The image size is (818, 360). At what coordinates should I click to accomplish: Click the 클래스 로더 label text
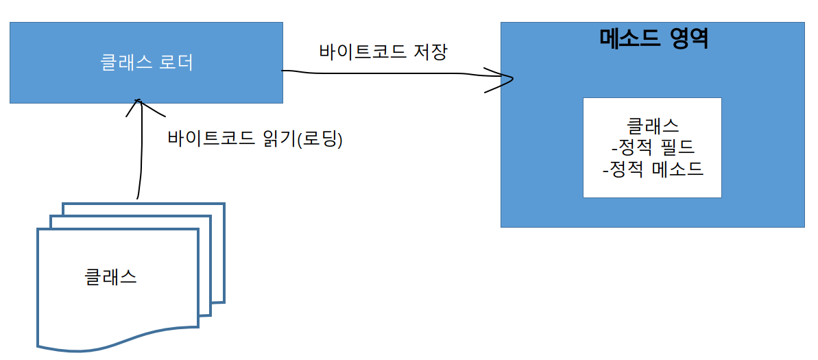click(x=146, y=63)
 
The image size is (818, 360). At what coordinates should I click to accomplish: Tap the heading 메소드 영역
click(x=653, y=38)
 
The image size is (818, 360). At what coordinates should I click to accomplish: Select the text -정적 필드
click(x=652, y=147)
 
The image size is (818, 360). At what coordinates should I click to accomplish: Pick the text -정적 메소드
click(x=652, y=169)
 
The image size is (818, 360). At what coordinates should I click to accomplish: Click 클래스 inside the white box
click(x=652, y=126)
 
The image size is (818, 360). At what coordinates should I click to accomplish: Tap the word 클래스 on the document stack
click(x=110, y=277)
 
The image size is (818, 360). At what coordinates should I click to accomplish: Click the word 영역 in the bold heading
click(x=686, y=38)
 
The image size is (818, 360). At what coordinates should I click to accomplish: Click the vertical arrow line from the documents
click(x=139, y=158)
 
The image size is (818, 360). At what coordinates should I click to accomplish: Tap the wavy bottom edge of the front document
click(x=117, y=340)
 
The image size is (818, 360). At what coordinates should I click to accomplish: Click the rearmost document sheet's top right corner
click(x=223, y=205)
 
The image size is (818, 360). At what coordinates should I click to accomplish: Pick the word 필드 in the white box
click(x=679, y=147)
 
